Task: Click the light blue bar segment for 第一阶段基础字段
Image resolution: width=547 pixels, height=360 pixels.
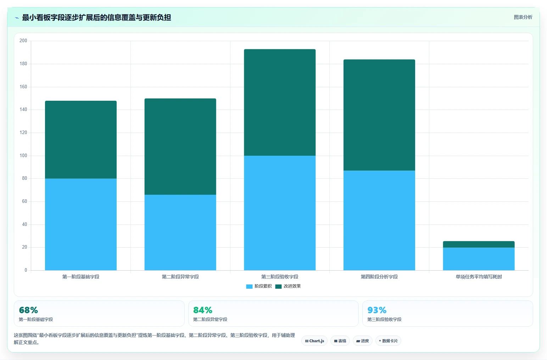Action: (80, 225)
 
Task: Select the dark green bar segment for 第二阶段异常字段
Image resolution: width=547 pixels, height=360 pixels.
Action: (180, 146)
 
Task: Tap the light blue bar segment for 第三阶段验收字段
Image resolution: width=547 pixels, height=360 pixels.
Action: (280, 213)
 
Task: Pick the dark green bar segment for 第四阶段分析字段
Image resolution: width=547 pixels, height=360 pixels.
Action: (379, 115)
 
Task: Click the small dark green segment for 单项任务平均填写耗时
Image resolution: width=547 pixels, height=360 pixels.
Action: (479, 244)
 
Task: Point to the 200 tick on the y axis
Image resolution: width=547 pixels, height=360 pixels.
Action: (23, 40)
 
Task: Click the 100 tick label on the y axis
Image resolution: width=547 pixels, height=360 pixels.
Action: (23, 156)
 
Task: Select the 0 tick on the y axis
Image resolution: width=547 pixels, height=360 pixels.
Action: (26, 270)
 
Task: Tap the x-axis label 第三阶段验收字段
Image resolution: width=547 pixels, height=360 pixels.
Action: (280, 277)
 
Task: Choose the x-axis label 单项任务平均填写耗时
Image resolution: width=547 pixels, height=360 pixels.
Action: (479, 277)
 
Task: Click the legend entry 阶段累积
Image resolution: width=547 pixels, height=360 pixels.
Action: (259, 286)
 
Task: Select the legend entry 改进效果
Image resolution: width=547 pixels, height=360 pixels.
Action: (288, 286)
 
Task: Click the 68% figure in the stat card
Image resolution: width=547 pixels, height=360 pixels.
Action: (28, 310)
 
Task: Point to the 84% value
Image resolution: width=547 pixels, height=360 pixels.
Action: (203, 310)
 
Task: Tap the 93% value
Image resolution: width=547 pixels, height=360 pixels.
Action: (377, 310)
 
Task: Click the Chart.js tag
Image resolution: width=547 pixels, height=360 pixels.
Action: (314, 341)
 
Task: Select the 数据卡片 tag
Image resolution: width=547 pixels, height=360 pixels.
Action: (388, 341)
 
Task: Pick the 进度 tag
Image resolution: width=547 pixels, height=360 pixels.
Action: (362, 341)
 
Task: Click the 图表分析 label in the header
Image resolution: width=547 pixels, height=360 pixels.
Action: (523, 17)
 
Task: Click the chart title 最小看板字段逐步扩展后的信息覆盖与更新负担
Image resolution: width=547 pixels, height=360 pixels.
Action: (96, 18)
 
